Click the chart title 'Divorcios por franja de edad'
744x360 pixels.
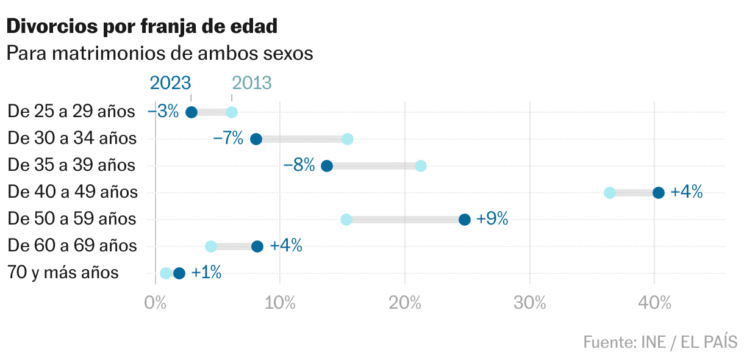click(141, 26)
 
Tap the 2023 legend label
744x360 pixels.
click(170, 83)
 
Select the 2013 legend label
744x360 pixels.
click(251, 83)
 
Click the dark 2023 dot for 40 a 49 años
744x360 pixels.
click(659, 193)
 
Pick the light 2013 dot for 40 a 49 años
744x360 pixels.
click(610, 193)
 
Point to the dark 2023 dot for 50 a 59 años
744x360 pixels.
click(465, 220)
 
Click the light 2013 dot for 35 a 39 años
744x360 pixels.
click(421, 166)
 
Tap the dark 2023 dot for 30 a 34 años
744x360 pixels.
click(256, 139)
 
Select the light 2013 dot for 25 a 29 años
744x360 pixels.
click(232, 112)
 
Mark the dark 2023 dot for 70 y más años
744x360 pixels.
click(179, 273)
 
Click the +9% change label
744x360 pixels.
click(492, 219)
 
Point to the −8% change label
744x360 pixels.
click(299, 165)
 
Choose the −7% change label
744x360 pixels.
click(228, 139)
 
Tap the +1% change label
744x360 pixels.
click(206, 273)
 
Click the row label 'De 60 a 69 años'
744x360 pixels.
click(72, 246)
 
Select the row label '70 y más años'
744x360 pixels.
click(63, 273)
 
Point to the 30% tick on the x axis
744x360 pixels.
click(530, 303)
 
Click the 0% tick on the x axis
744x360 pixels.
click(156, 303)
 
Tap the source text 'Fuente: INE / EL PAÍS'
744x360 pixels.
click(660, 342)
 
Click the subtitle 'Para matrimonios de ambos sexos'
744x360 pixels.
click(159, 54)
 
